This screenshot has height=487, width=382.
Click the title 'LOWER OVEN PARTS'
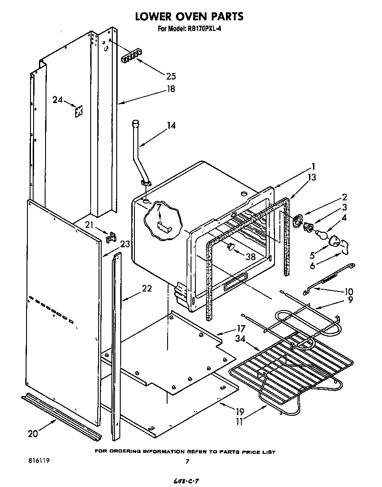click(x=189, y=16)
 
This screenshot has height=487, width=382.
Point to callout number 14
click(x=170, y=126)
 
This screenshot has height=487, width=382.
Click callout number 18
click(x=170, y=89)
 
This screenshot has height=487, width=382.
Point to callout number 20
click(x=33, y=433)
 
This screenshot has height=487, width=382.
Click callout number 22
click(x=147, y=288)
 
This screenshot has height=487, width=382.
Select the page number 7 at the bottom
click(x=188, y=461)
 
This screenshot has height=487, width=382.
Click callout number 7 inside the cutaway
click(x=159, y=207)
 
